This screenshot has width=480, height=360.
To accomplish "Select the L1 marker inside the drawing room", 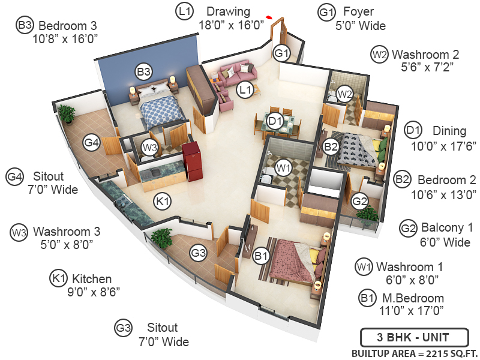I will (x=244, y=90).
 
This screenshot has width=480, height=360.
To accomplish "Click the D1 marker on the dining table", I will (x=275, y=121).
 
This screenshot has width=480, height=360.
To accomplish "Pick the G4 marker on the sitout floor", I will (x=91, y=142).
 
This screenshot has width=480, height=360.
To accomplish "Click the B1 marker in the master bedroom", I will (x=261, y=257).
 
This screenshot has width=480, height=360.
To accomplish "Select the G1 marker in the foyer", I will (x=282, y=53).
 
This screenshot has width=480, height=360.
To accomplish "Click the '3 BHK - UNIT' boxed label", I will (x=405, y=337).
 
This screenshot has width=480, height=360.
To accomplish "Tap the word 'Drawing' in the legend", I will (x=227, y=11).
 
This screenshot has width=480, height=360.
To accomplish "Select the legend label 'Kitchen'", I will (x=92, y=279).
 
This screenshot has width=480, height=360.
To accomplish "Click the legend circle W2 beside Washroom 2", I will (x=379, y=55).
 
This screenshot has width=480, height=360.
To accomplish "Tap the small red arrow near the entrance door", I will (x=269, y=18).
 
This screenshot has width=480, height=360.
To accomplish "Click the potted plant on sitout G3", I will (x=161, y=237).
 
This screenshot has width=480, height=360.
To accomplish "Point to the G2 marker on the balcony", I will (x=359, y=201).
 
